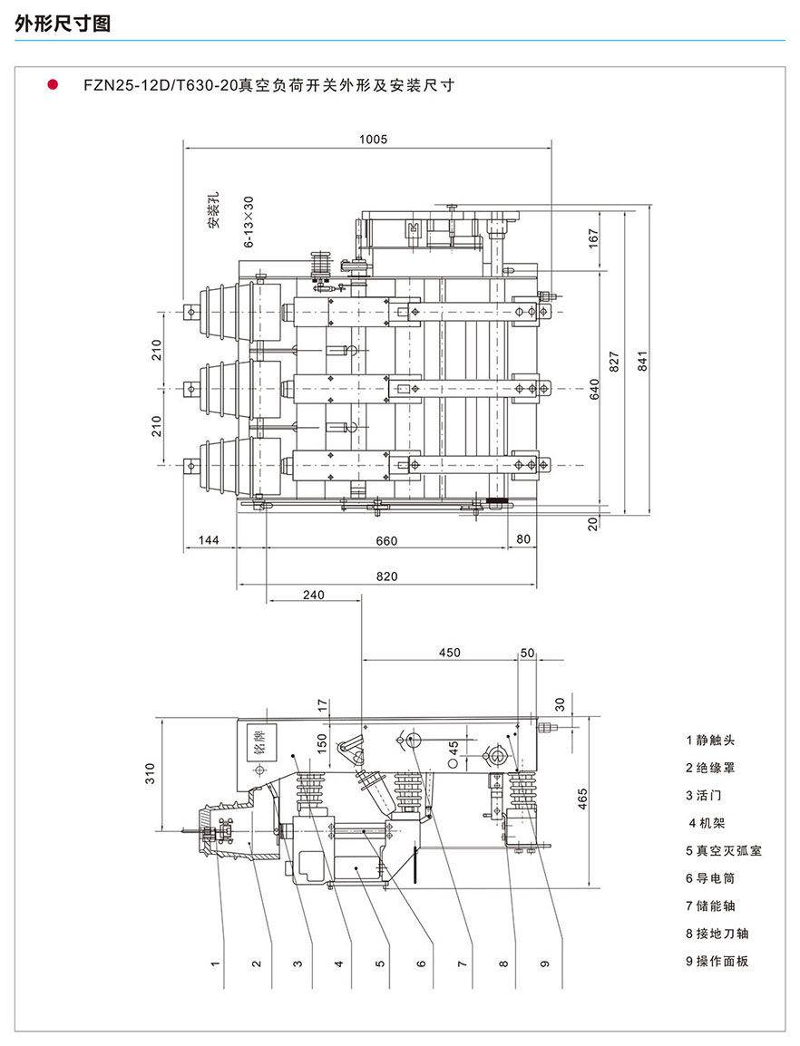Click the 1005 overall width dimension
[373, 140]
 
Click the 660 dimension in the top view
[386, 541]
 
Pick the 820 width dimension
[386, 576]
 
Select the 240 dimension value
[314, 595]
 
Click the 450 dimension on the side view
[449, 653]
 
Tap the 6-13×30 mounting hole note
[249, 223]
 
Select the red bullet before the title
[53, 85]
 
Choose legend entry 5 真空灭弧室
[723, 850]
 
